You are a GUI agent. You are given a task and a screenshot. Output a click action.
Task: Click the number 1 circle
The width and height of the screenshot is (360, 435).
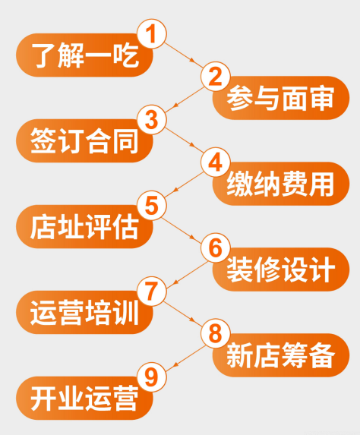pos(152,34)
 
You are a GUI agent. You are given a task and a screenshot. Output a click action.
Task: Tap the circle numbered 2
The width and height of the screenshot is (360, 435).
pos(216,77)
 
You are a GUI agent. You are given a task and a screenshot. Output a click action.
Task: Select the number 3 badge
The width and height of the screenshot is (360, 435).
pos(152,120)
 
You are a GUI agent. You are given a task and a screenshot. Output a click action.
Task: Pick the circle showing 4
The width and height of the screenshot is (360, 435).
pos(216,162)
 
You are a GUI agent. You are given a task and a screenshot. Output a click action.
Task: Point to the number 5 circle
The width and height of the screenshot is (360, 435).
pos(152,206)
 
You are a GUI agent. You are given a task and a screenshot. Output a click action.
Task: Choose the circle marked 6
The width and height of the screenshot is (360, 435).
pos(216,248)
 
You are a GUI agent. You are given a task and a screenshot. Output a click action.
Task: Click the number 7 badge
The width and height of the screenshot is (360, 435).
pos(152,292)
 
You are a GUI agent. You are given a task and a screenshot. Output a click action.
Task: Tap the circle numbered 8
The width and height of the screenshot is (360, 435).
pos(216,334)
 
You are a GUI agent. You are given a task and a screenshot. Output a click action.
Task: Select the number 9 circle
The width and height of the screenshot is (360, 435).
pos(152,377)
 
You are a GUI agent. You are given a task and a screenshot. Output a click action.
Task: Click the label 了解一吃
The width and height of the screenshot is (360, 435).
pos(84,55)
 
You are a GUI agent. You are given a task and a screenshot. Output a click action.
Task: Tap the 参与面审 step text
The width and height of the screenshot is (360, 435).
pos(280,98)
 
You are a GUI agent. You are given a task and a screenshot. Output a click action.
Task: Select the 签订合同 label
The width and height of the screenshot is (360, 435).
pos(84,141)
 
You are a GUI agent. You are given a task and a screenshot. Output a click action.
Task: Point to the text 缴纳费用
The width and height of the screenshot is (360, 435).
pos(280,184)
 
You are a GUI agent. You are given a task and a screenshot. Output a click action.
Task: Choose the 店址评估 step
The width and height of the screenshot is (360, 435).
pos(84,227)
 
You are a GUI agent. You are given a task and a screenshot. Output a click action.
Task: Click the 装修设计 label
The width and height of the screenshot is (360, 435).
pos(280,270)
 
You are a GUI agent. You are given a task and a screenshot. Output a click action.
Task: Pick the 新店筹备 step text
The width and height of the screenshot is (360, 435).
pos(280,355)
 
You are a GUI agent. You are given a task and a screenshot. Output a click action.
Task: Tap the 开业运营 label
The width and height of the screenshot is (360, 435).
pos(84,399)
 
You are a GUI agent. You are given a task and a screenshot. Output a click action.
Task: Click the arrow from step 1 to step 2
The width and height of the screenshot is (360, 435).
pos(184,55)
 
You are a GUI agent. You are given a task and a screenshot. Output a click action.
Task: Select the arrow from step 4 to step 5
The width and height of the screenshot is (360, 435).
pos(184,184)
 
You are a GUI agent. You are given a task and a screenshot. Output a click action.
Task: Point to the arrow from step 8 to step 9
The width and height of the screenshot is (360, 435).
pos(185,358)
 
